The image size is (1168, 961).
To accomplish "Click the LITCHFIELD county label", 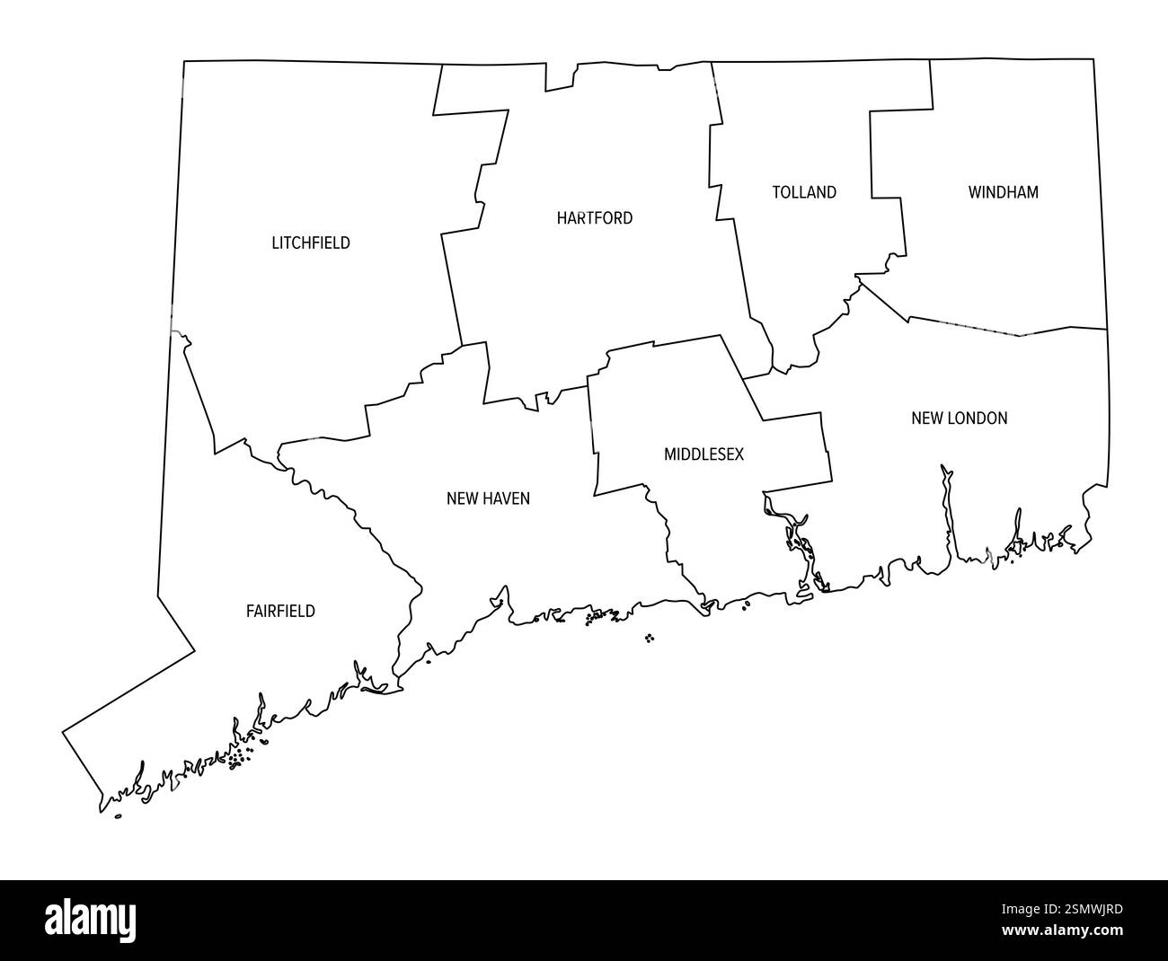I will pyautogui.click(x=311, y=242).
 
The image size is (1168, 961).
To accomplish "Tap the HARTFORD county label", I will pyautogui.click(x=594, y=217).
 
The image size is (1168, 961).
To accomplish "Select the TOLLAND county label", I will pyautogui.click(x=804, y=192).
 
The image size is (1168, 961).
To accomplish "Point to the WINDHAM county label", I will pyautogui.click(x=1003, y=192).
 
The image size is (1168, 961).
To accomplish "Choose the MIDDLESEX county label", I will pyautogui.click(x=703, y=454).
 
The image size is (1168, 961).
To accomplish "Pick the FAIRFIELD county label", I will pyautogui.click(x=280, y=612).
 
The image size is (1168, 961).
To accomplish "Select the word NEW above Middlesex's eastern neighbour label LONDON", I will pyautogui.click(x=925, y=418).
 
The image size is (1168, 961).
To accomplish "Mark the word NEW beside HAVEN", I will pyautogui.click(x=461, y=498).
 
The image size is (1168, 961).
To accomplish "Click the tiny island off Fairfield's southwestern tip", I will pyautogui.click(x=119, y=816).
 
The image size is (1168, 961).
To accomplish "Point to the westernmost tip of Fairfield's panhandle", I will pyautogui.click(x=63, y=732).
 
